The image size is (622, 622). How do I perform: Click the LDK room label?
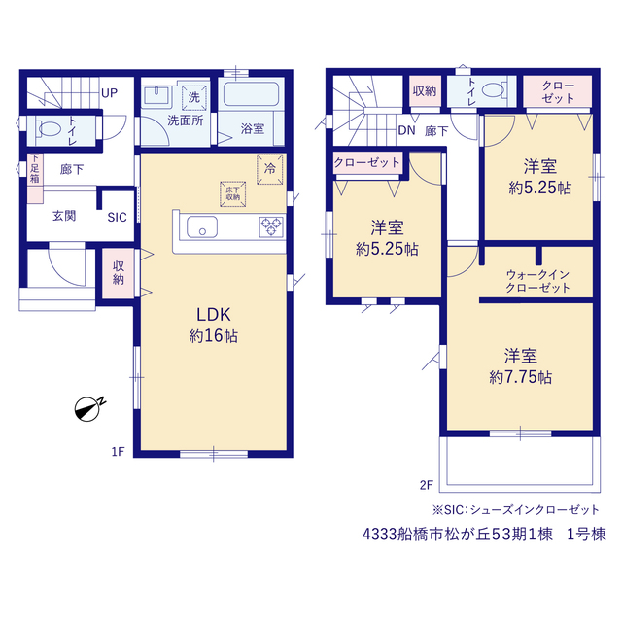point(214,315)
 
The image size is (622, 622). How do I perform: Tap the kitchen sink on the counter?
point(202,226)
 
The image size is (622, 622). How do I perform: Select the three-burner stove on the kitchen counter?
point(271,226)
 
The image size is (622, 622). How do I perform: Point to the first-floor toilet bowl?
point(50,128)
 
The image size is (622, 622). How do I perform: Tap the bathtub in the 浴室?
point(251,93)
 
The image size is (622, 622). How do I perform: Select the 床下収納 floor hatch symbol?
point(233,194)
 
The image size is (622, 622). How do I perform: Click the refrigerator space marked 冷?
point(270,169)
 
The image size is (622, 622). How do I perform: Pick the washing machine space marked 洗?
point(194,97)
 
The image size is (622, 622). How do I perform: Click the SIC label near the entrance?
point(117,217)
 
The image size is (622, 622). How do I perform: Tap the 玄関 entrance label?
point(64,216)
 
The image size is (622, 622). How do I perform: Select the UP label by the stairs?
point(110,93)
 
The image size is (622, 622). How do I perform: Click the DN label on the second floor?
point(406,130)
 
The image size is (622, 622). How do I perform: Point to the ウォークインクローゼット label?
point(537,281)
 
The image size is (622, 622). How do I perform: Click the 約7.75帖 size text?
point(521,377)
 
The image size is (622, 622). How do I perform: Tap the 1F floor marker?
point(118,451)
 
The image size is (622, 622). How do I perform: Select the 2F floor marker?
point(427,485)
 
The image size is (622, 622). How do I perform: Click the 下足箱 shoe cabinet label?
point(35,168)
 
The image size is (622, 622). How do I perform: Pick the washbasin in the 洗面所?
point(156,95)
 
